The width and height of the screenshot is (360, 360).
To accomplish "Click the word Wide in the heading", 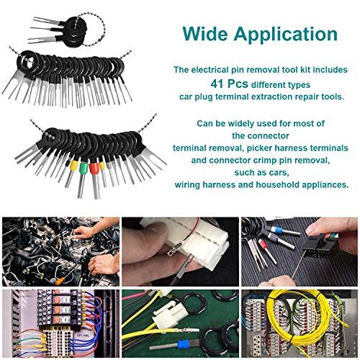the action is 205,34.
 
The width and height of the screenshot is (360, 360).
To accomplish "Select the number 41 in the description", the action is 217,84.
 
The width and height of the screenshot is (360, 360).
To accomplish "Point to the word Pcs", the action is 238,84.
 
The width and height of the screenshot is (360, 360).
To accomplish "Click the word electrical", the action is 210,70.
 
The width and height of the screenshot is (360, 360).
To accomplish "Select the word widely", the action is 240,124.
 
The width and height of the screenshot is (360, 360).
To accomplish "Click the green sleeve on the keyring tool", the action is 84,169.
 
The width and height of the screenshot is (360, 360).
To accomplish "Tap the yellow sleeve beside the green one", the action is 73,166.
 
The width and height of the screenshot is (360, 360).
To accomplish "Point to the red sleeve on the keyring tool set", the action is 94,168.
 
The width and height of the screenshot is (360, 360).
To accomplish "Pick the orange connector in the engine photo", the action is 60,281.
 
